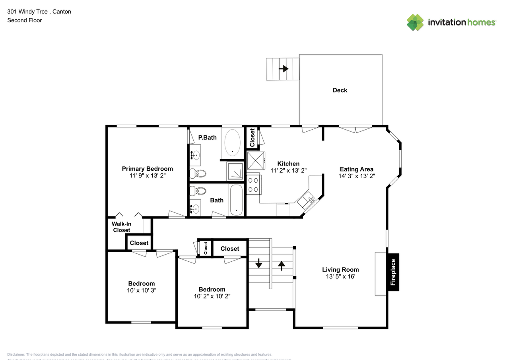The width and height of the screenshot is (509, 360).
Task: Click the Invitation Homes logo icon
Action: click(x=415, y=22)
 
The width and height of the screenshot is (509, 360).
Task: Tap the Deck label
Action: click(x=340, y=90)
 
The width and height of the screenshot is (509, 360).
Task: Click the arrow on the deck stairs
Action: click(x=283, y=69)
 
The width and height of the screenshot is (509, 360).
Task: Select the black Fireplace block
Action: click(x=393, y=272)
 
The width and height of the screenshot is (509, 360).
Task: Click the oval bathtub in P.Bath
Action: click(x=233, y=142)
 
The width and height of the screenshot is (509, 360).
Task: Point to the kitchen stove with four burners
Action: click(x=253, y=185)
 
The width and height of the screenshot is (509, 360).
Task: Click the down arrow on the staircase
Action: click(x=259, y=263)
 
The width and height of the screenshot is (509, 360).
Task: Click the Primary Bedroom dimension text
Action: click(x=147, y=175)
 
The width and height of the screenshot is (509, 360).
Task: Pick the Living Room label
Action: click(x=340, y=269)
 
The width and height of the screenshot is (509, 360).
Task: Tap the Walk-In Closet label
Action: click(x=121, y=227)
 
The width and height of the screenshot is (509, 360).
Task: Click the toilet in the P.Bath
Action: click(x=198, y=173)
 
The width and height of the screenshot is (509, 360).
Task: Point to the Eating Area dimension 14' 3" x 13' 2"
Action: click(x=356, y=176)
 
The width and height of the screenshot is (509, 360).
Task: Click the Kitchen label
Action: click(x=288, y=163)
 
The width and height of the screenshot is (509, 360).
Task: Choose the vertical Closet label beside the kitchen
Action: click(x=252, y=137)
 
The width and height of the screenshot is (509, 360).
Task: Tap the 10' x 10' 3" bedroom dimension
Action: click(x=141, y=290)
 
